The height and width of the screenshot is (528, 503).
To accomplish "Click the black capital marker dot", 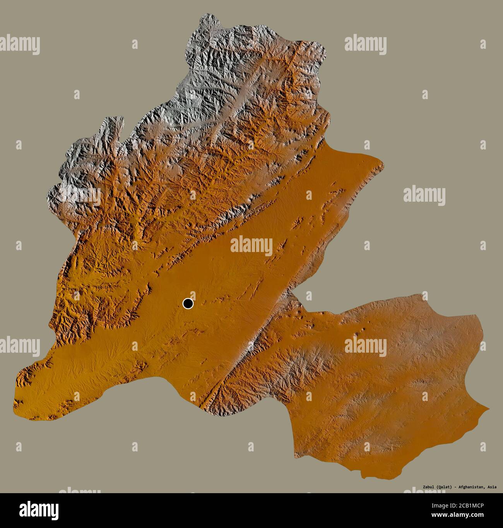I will coord(188,303).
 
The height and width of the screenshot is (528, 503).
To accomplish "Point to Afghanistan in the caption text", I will coord(470,487).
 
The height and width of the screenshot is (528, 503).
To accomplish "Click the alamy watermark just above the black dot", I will coord(251,245).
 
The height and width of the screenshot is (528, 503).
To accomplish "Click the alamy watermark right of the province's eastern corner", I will coord(424,194).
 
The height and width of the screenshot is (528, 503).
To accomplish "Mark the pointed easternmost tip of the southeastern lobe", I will coord(488,407).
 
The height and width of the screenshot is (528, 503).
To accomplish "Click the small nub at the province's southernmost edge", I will coord(364,477).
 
